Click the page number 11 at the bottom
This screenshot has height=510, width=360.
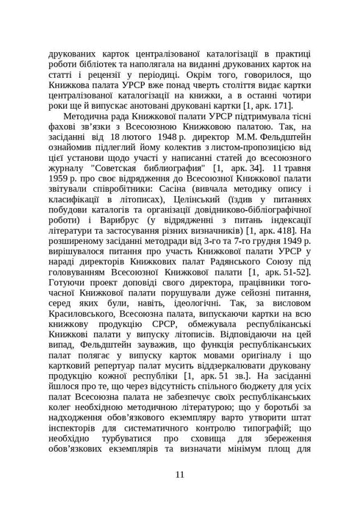point(180,474)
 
